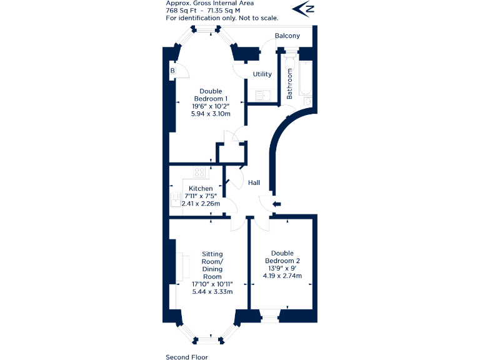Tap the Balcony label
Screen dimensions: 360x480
click(x=287, y=36)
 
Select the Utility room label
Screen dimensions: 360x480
click(x=262, y=74)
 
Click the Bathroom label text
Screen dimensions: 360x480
click(x=290, y=84)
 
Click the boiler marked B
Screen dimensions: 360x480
click(x=172, y=71)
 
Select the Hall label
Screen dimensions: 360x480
click(x=254, y=183)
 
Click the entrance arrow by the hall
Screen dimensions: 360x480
click(x=277, y=204)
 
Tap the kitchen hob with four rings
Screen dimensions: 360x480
click(x=200, y=173)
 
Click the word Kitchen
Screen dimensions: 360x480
click(x=201, y=189)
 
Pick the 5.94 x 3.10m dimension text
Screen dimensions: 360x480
click(x=211, y=114)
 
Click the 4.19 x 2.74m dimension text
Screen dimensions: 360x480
click(x=281, y=276)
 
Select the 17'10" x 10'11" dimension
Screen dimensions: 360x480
click(x=212, y=284)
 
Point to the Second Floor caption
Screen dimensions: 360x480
click(x=186, y=357)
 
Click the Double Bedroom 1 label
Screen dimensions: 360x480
click(x=211, y=95)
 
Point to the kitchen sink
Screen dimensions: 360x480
click(x=174, y=199)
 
